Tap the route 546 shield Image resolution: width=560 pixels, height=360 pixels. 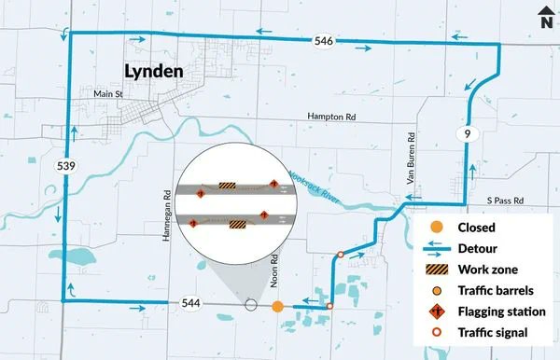[x=323, y=42]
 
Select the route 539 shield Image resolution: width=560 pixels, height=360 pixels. [x=65, y=166]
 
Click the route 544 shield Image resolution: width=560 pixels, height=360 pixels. [x=189, y=304]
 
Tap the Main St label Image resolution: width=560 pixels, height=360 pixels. [x=109, y=94]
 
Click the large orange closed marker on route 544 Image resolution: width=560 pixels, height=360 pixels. [x=277, y=306]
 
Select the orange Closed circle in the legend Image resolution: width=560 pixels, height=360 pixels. [x=435, y=227]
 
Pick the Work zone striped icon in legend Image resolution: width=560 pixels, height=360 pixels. [x=435, y=270]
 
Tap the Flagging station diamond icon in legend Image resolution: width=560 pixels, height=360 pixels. [x=435, y=312]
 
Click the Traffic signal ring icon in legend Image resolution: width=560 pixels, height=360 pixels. [x=435, y=333]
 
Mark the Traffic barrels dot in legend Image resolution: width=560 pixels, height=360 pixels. [x=435, y=290]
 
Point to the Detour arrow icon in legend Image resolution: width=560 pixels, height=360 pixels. [x=435, y=249]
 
